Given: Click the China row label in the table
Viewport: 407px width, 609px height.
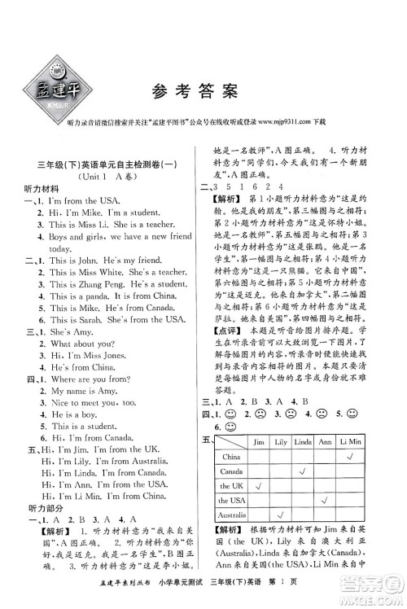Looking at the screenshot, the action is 231,457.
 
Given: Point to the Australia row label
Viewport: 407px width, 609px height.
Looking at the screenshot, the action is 231,515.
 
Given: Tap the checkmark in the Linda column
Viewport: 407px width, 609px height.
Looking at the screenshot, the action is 301,471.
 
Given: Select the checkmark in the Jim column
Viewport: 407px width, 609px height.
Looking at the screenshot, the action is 260,486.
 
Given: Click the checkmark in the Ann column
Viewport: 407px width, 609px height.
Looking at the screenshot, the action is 324,500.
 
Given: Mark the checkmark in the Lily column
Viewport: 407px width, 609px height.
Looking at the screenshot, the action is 280,515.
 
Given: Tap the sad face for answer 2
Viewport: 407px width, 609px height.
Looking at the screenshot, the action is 261,413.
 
